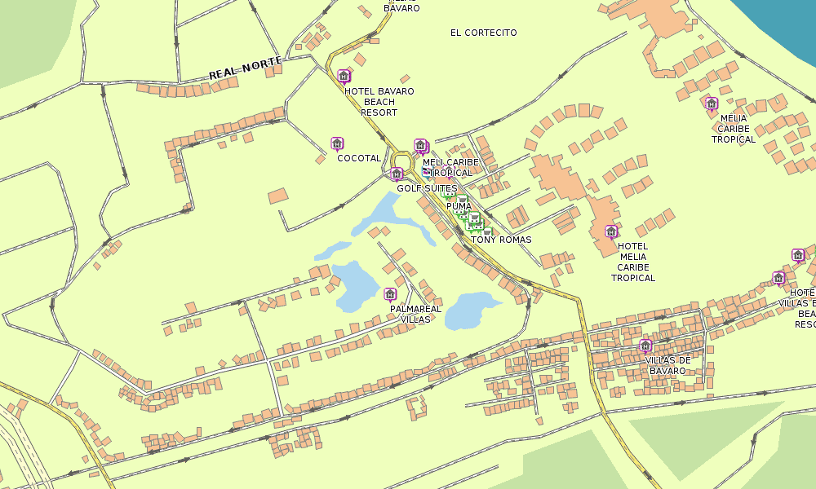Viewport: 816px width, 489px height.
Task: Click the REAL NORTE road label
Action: [246, 68]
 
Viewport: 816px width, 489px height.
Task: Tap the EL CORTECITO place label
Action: [483, 33]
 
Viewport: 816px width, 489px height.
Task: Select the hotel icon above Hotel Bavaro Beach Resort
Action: [344, 77]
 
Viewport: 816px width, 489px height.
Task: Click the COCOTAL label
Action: [358, 158]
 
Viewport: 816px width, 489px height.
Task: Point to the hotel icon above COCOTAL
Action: [336, 144]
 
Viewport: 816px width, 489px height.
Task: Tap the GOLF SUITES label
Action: [427, 188]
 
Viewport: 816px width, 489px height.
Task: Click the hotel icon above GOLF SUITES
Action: [397, 174]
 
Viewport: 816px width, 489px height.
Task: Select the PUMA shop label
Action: [459, 206]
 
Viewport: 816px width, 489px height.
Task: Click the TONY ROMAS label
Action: [501, 240]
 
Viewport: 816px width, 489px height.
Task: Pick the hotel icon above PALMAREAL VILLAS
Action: [390, 294]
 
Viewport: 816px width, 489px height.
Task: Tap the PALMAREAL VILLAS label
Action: [415, 315]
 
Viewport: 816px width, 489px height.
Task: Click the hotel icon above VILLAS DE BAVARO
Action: [645, 346]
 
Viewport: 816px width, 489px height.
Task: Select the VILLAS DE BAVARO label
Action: [667, 365]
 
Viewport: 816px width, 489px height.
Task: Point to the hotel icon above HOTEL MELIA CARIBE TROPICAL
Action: [611, 231]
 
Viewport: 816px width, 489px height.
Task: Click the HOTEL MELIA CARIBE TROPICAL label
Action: [633, 262]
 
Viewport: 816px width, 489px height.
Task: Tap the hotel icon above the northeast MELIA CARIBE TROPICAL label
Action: [711, 104]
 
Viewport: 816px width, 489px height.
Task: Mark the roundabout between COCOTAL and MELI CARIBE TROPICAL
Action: [402, 159]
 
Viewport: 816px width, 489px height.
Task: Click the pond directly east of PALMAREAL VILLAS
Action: [469, 311]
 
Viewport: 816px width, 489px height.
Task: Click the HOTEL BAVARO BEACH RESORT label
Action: [379, 102]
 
